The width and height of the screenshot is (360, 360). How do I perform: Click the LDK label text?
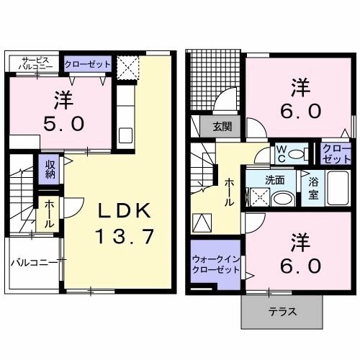pos(125,210)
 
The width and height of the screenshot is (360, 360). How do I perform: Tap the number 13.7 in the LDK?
pos(125,236)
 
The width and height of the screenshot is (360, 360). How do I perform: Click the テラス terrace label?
pos(281,313)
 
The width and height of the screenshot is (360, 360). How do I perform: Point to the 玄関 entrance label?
pos(222,127)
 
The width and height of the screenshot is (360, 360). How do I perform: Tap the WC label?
pos(282,153)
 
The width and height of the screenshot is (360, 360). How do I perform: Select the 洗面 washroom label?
pos(275,179)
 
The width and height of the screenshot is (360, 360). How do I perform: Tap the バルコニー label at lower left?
pos(33,262)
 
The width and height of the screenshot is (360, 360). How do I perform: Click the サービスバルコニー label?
pos(35,64)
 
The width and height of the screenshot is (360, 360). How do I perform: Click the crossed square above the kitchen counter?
pos(127,71)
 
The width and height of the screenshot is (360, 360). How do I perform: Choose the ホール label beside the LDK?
pos(48,214)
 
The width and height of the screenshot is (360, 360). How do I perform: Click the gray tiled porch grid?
pos(214,82)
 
